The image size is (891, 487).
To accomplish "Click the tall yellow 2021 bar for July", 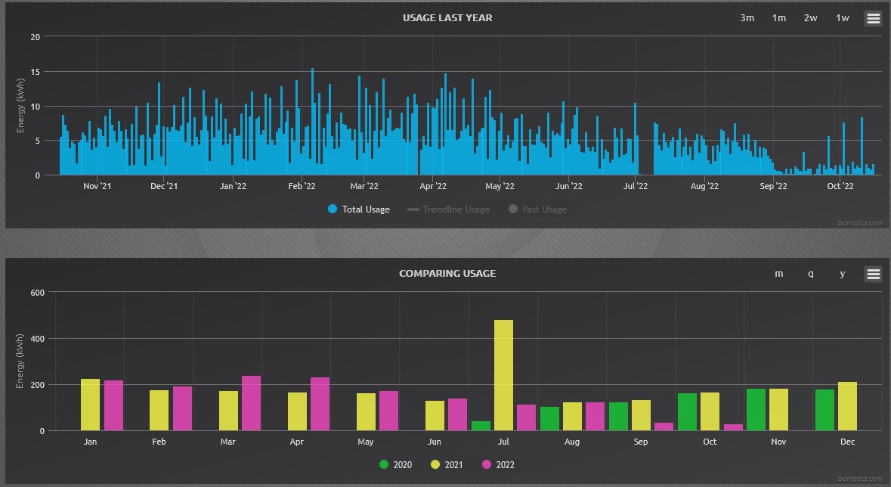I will click(503, 375).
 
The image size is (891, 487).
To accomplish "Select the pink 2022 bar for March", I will click(252, 403).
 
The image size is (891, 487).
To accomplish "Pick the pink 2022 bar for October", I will click(733, 427).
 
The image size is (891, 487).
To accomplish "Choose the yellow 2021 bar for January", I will click(90, 405).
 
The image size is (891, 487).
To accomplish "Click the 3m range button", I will click(747, 18).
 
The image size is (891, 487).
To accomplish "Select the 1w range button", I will click(842, 18).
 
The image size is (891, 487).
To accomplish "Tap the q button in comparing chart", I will click(811, 274).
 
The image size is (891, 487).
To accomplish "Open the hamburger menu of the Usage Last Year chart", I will click(873, 18).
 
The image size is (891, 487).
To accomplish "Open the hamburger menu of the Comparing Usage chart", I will click(873, 274).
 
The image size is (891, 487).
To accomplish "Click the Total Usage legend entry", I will click(359, 209).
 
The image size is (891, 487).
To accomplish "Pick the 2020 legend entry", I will click(396, 465).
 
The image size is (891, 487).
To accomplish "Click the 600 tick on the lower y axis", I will click(37, 292).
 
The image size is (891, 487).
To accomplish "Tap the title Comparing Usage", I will click(447, 273).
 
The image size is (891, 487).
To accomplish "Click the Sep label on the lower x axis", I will click(641, 442).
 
